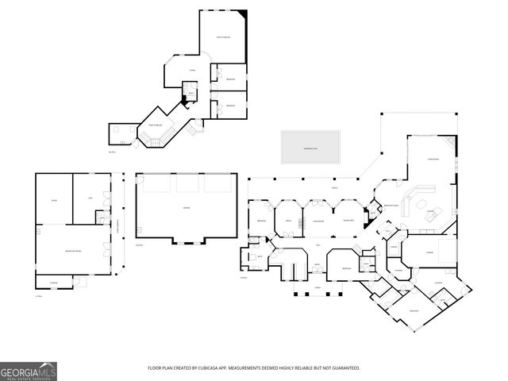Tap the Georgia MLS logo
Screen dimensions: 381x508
click(x=29, y=370)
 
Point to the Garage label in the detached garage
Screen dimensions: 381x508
click(x=186, y=208)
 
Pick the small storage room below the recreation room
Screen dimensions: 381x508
click(x=55, y=283)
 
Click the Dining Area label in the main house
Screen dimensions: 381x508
click(x=348, y=221)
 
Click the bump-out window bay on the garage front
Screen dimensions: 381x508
click(x=187, y=240)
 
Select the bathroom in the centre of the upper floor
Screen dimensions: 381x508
click(x=190, y=92)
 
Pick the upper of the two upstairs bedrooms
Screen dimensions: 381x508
click(x=230, y=79)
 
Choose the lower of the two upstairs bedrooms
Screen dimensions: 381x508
click(x=230, y=106)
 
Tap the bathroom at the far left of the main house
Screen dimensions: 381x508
click(x=260, y=258)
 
